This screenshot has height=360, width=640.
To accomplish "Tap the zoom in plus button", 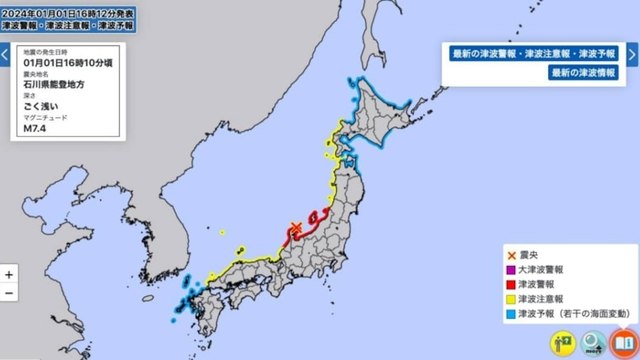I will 9,273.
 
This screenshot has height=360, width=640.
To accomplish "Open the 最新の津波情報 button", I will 588,73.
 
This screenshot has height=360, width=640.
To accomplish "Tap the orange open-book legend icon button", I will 622,342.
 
